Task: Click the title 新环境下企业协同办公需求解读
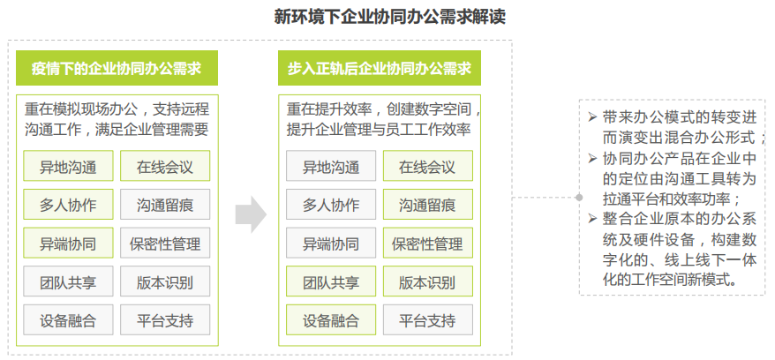pyautogui.click(x=389, y=17)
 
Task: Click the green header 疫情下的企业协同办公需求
pyautogui.click(x=117, y=68)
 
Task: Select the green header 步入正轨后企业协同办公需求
pyautogui.click(x=379, y=68)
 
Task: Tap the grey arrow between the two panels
pyautogui.click(x=251, y=214)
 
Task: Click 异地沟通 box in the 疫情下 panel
pyautogui.click(x=68, y=166)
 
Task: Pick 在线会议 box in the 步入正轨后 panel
pyautogui.click(x=427, y=166)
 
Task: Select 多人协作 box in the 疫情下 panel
pyautogui.click(x=68, y=205)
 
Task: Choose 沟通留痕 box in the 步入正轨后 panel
pyautogui.click(x=427, y=205)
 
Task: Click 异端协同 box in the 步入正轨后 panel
pyautogui.click(x=331, y=243)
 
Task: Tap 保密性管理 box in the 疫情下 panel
pyautogui.click(x=165, y=243)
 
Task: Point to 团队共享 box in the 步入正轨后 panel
pyautogui.click(x=331, y=281)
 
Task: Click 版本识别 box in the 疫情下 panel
pyautogui.click(x=165, y=281)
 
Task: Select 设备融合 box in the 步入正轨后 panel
pyautogui.click(x=331, y=320)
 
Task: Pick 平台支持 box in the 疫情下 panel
pyautogui.click(x=165, y=320)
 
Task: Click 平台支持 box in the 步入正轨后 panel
pyautogui.click(x=427, y=320)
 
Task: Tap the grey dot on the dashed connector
pyautogui.click(x=579, y=198)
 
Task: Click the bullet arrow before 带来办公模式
pyautogui.click(x=592, y=117)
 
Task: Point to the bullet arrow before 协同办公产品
pyautogui.click(x=592, y=158)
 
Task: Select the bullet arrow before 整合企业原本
pyautogui.click(x=592, y=218)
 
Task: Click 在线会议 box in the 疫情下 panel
pyautogui.click(x=165, y=166)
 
